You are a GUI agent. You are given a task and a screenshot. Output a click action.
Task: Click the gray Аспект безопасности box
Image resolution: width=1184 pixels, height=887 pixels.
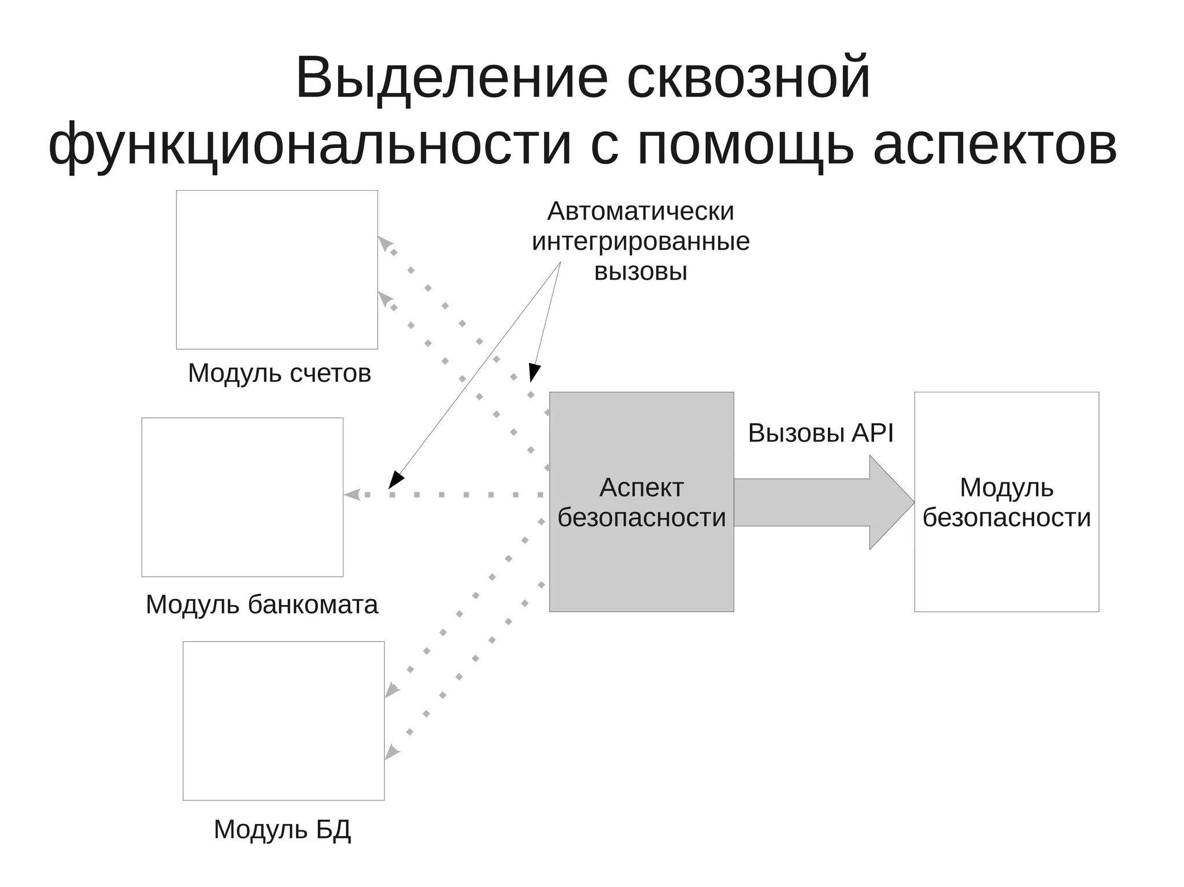641,555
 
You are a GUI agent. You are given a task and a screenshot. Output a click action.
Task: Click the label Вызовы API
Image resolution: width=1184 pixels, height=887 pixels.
820,433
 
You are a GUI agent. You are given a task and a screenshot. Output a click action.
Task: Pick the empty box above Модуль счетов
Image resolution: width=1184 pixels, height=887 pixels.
277,269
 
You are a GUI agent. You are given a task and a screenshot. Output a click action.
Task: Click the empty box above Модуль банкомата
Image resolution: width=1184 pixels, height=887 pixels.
242,497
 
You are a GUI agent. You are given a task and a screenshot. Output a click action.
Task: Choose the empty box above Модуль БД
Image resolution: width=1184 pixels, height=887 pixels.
283,721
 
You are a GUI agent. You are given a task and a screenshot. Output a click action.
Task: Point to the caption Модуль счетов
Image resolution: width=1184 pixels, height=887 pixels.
279,373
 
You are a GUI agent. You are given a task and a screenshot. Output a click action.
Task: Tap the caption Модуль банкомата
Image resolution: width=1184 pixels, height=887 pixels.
262,604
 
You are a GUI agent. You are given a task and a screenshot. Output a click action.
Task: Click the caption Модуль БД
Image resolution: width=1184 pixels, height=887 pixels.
282,829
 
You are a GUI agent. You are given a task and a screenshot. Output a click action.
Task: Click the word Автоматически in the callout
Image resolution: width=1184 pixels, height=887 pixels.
641,211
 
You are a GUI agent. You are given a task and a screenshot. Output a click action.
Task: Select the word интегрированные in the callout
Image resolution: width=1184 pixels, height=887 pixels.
641,241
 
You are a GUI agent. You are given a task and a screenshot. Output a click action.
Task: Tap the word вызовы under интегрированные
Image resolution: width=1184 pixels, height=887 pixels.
641,271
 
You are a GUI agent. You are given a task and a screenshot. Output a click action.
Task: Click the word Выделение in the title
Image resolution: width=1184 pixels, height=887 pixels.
452,78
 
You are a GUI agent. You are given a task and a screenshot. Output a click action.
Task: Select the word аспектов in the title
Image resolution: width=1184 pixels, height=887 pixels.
994,144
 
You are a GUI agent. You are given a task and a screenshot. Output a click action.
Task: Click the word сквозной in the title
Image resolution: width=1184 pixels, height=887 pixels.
749,78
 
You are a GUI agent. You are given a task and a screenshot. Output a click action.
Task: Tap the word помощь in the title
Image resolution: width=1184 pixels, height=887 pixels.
745,144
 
